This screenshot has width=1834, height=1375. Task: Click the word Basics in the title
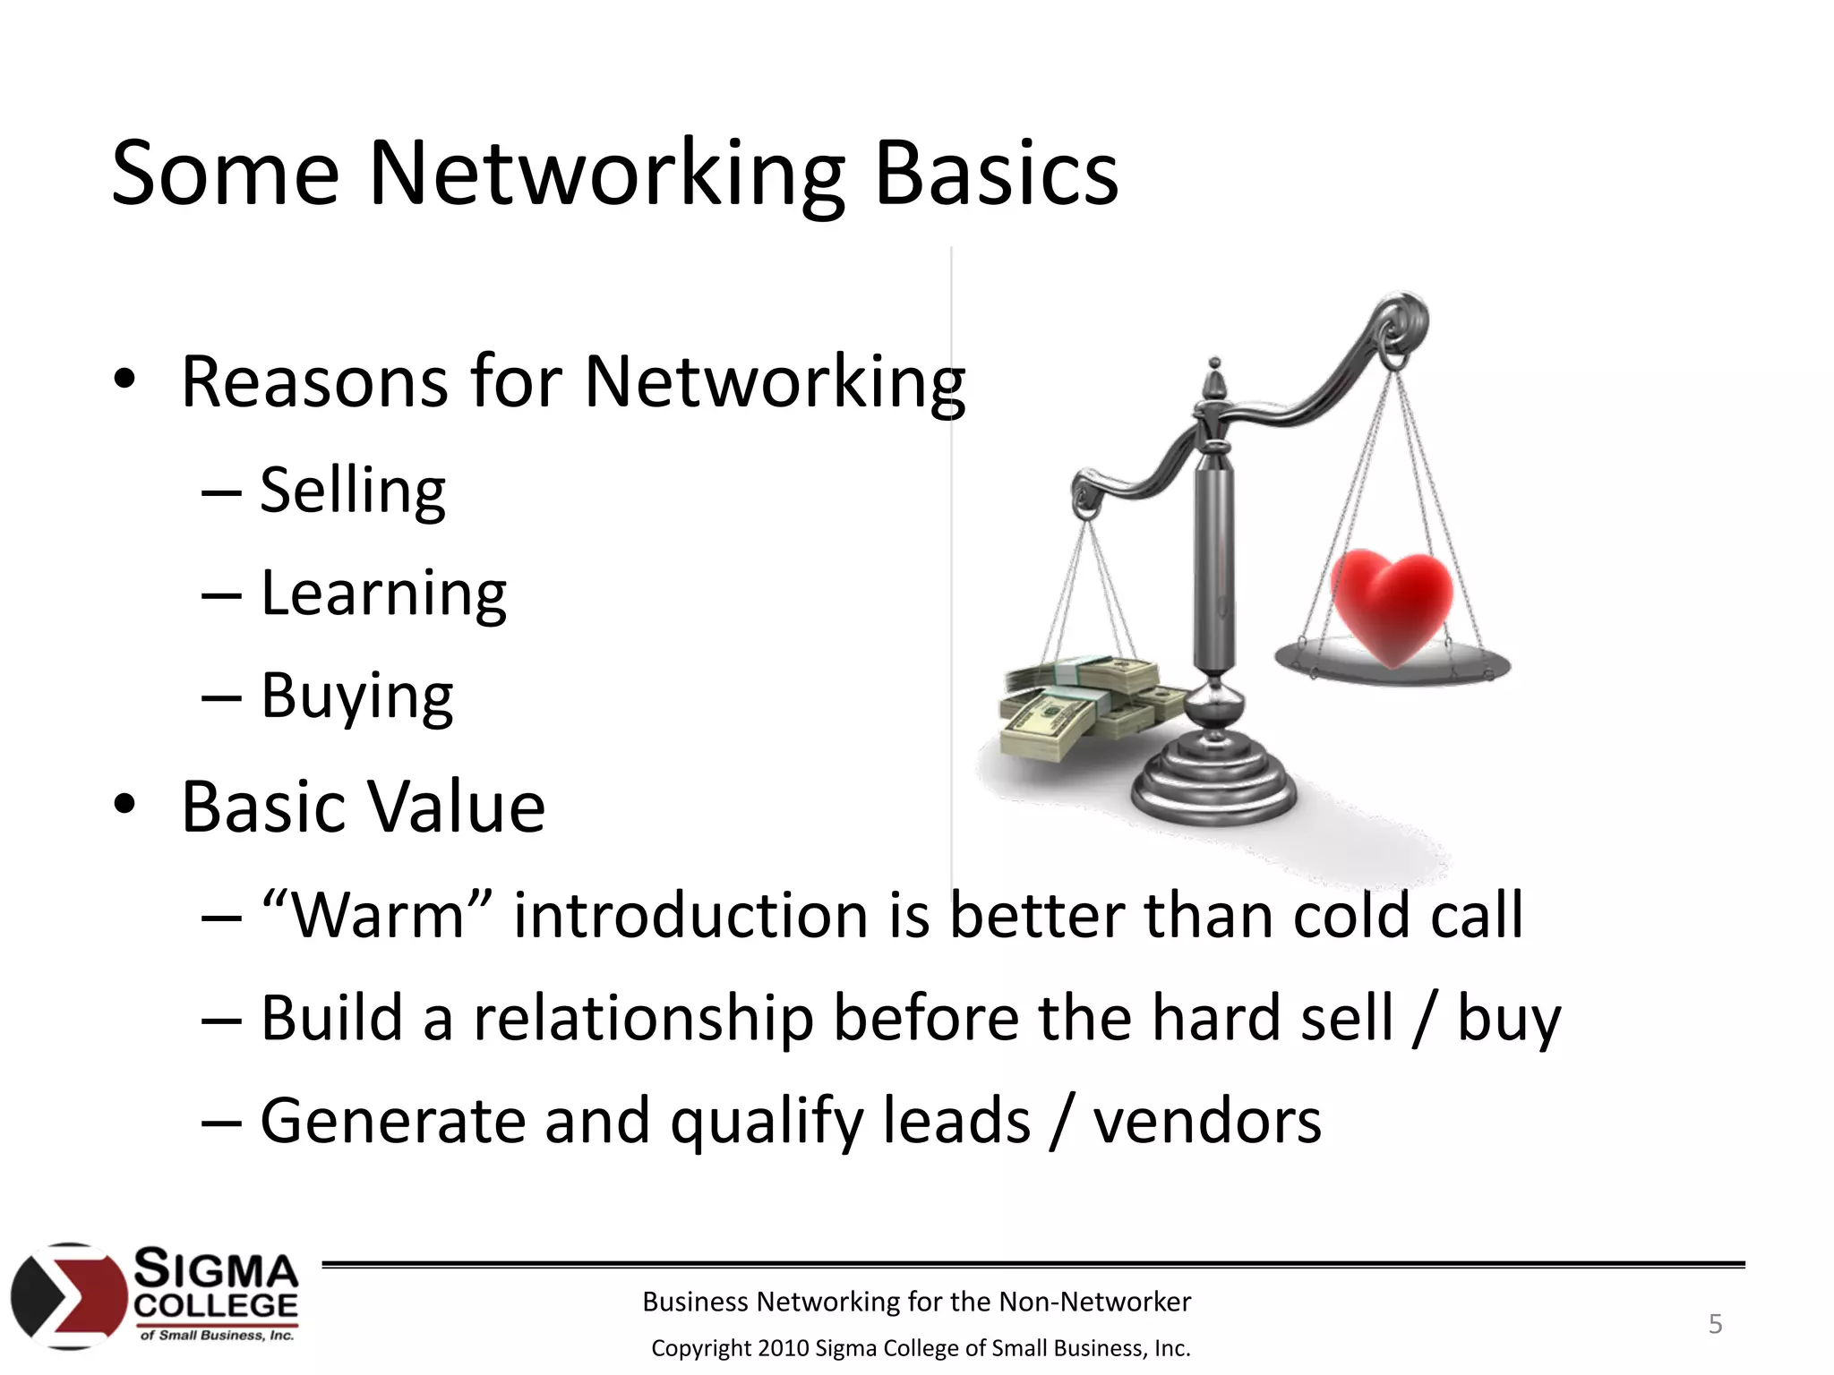(996, 175)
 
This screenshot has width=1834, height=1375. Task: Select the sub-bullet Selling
(353, 491)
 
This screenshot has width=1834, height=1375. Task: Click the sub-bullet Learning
(383, 594)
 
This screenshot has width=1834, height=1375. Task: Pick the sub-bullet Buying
(356, 696)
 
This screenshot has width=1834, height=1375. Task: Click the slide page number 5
(1715, 1324)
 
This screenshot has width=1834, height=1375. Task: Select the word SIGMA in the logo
(216, 1269)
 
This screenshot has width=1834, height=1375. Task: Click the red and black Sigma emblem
(69, 1295)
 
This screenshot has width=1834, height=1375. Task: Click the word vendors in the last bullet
(1206, 1122)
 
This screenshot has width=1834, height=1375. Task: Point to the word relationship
(643, 1019)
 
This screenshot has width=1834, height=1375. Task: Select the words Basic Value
(363, 807)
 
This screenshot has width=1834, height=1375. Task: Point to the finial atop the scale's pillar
(1214, 380)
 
